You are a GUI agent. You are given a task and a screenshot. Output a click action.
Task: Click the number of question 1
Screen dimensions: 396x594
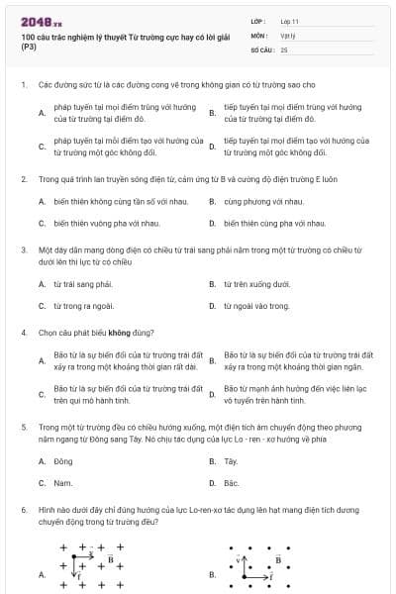point(23,85)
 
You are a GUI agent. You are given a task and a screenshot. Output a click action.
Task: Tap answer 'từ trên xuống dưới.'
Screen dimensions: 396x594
point(255,284)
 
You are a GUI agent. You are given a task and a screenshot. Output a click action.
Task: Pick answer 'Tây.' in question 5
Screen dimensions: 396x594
point(232,461)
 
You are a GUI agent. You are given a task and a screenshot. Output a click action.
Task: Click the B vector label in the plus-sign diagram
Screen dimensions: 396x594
point(111,559)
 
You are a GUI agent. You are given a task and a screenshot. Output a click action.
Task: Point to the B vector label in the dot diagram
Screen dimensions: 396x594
point(278,559)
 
